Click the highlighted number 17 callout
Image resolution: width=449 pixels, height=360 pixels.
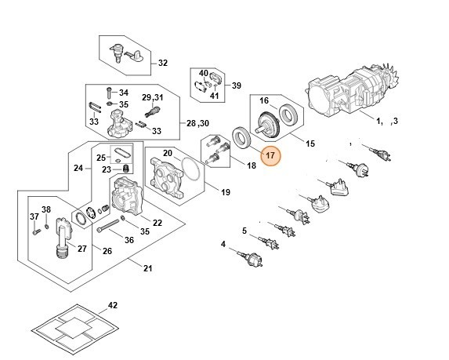point(270,156)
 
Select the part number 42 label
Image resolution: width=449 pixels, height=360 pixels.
point(112,304)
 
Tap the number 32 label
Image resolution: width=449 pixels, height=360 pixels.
point(163,63)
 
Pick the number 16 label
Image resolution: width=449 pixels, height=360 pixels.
point(263,101)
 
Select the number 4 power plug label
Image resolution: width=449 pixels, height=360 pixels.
point(223,245)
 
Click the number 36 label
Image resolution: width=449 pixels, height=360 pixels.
point(129,240)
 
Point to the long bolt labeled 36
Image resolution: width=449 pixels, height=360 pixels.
point(114,228)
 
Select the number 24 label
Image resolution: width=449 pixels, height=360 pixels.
point(78,168)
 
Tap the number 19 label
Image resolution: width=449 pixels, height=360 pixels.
point(225,192)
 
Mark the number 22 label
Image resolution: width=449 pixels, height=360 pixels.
point(157,224)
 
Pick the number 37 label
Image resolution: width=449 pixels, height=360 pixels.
point(34,216)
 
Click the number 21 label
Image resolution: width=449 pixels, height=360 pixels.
point(147,269)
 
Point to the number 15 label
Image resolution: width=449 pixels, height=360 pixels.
point(310,144)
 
